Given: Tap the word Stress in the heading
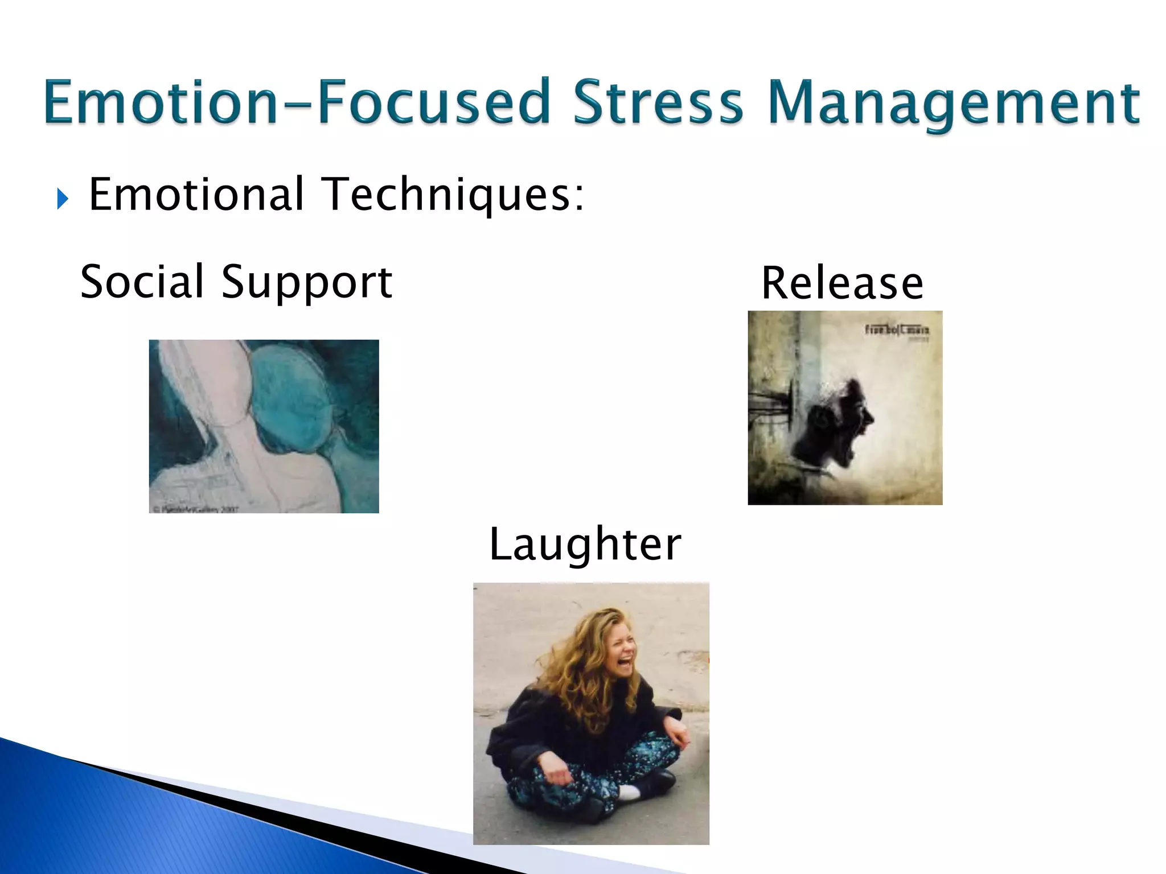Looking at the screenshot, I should pos(658,102).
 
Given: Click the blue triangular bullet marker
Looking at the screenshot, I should pos(63,199).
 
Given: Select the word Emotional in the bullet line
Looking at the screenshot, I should pos(196,195).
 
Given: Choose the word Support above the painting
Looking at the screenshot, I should pos(306,283).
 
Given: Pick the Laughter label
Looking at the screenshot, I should pos(585,545).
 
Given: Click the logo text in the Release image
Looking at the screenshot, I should pos(897,330).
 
